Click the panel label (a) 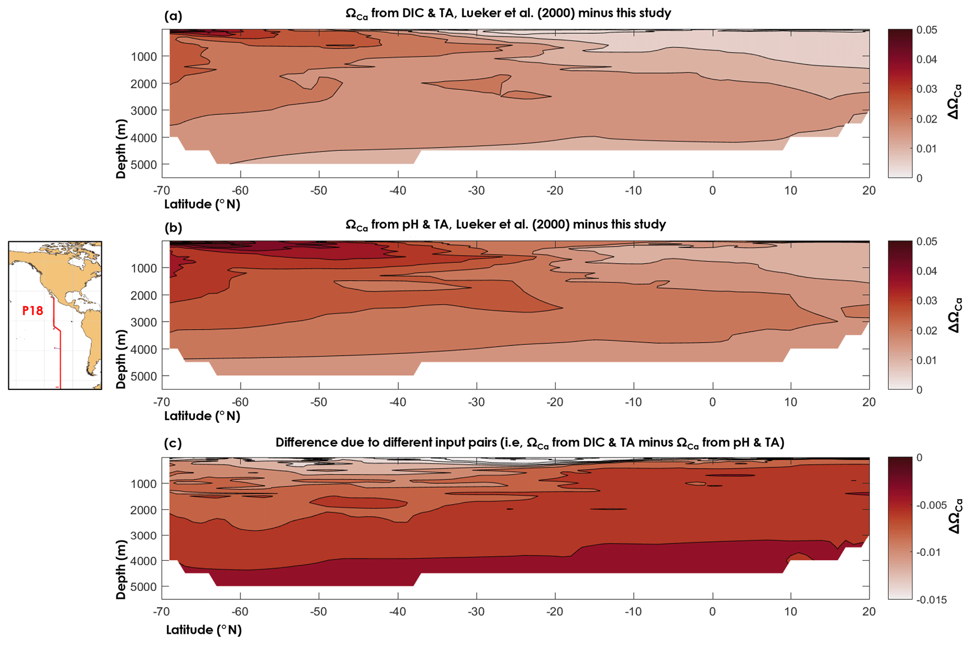coord(173,16)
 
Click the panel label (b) coord(173,228)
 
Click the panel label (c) coord(173,443)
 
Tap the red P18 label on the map coord(33,311)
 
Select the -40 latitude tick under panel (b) coord(397,402)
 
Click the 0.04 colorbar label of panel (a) coord(926,60)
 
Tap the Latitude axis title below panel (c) coord(203,630)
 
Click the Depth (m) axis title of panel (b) coord(121,359)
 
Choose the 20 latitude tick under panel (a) coord(869,191)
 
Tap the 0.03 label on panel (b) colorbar coord(926,301)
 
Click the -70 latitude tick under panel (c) coord(161,612)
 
